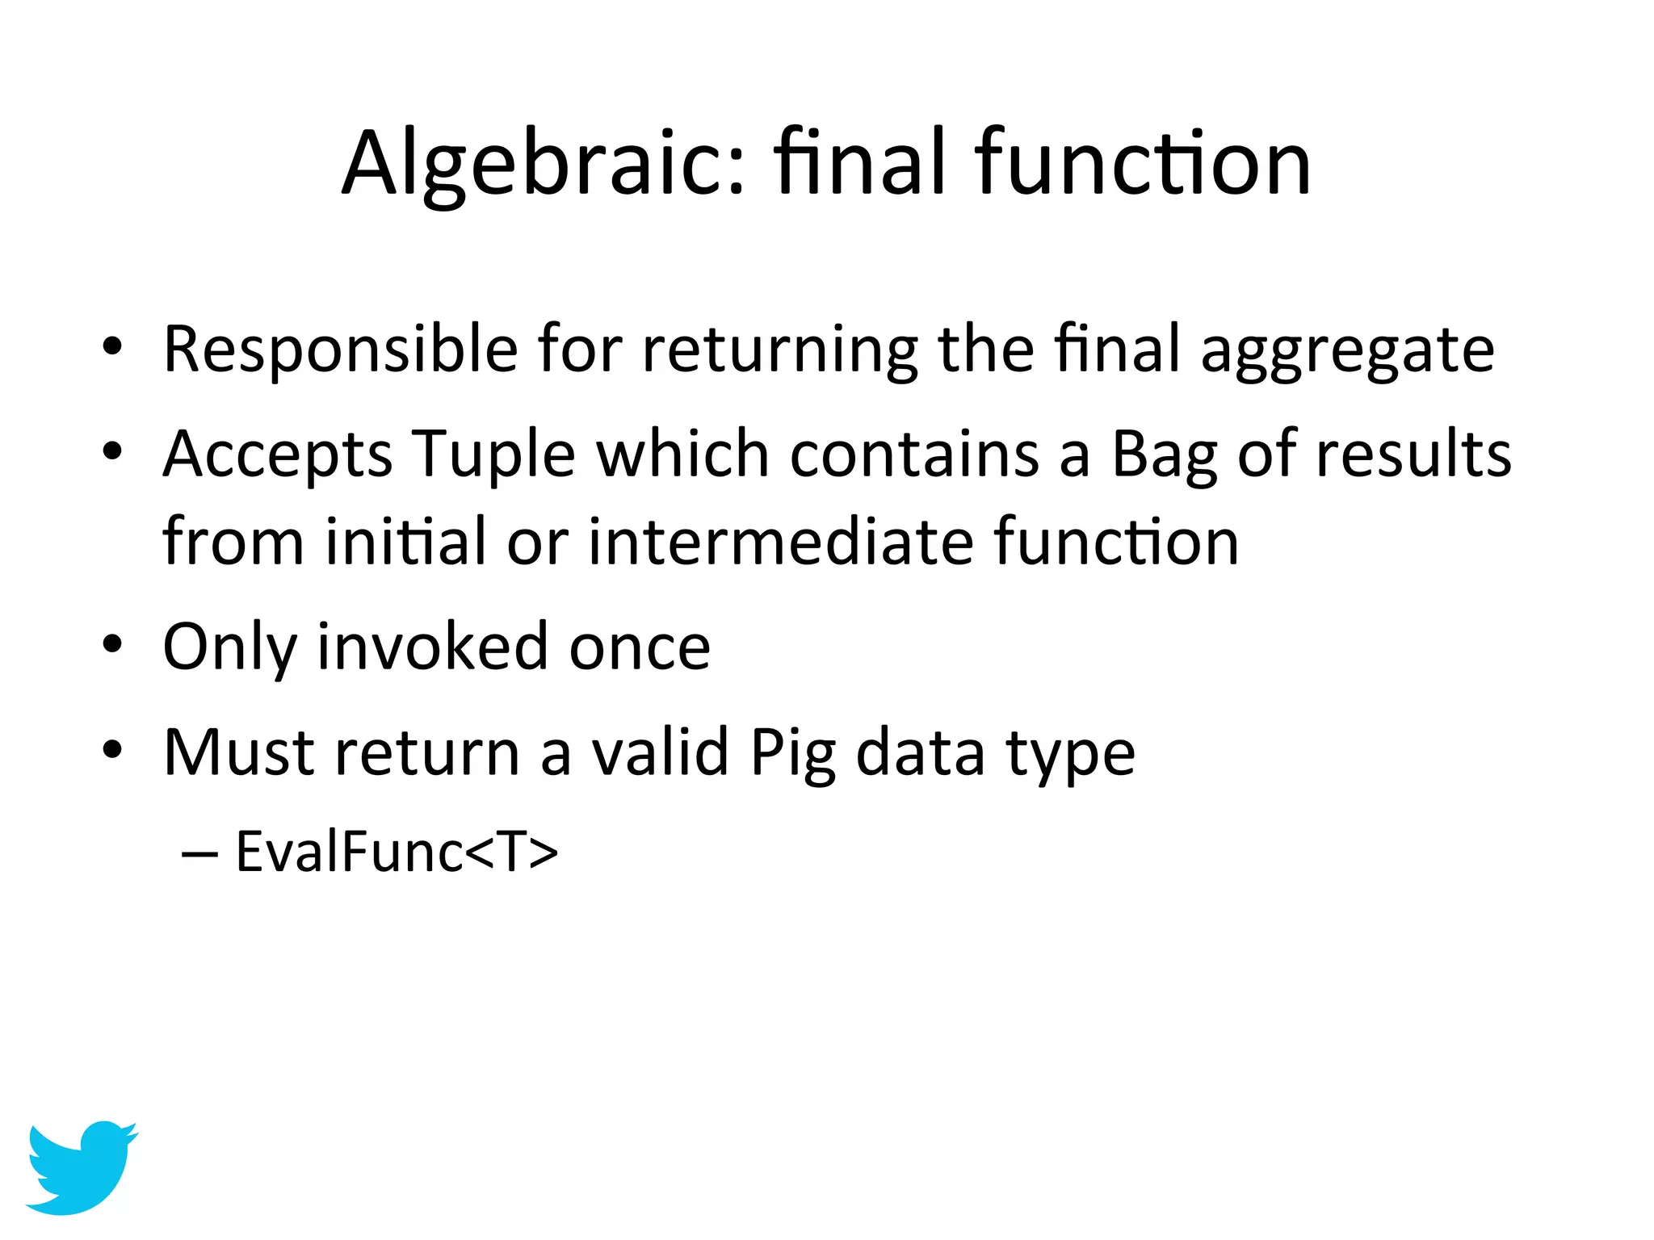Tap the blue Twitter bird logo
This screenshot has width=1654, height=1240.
pos(81,1167)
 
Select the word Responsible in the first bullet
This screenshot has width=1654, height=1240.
pos(340,350)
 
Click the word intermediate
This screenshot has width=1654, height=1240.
pos(780,541)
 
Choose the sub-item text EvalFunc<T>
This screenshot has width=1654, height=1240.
pos(397,852)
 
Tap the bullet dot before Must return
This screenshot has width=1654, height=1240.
pos(112,750)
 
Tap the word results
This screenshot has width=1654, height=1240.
pos(1413,455)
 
